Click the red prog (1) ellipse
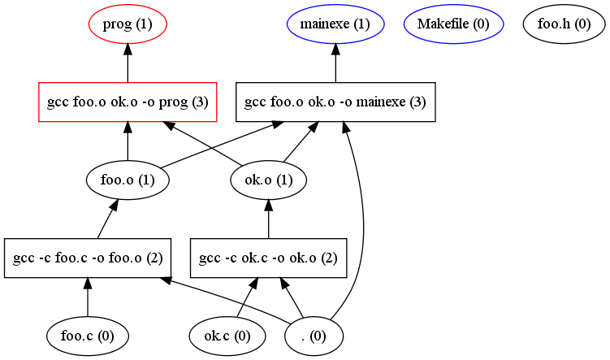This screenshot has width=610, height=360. (x=128, y=24)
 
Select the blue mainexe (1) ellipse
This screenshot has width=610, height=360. (x=335, y=24)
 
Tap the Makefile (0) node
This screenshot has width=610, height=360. (x=452, y=24)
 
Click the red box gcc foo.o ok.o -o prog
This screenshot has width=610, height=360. (x=128, y=102)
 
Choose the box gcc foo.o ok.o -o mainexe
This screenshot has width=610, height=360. (x=335, y=102)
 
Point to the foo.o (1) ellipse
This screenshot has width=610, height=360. (x=128, y=180)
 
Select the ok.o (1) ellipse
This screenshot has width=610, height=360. (x=268, y=180)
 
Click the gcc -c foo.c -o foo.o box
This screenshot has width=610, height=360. (x=88, y=258)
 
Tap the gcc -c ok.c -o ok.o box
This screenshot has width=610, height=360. (x=268, y=258)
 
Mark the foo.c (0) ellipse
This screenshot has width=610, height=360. (x=88, y=334)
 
